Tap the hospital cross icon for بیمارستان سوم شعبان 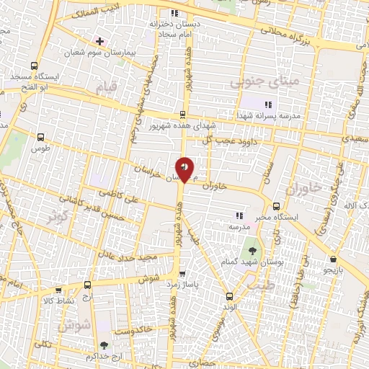(99, 40)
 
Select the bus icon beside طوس (40, 135)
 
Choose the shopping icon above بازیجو (333, 259)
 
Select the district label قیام (105, 89)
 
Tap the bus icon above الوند (229, 295)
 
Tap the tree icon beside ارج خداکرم (105, 345)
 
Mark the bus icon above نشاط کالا (87, 285)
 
